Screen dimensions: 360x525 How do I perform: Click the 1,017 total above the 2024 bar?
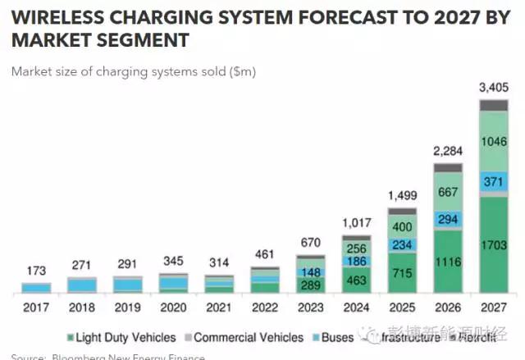click(x=357, y=222)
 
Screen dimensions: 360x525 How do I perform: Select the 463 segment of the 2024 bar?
click(x=357, y=281)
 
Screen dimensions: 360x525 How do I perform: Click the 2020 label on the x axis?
click(x=172, y=308)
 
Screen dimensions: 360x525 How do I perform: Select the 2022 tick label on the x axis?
click(x=265, y=308)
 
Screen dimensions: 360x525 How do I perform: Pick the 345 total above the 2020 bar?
click(x=172, y=260)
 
